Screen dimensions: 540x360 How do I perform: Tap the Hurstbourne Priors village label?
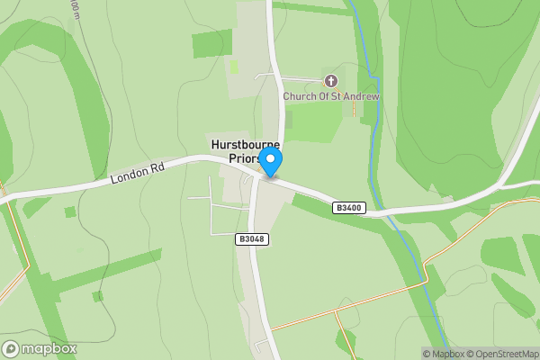[245, 150]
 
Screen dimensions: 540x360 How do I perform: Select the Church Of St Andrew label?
[331, 96]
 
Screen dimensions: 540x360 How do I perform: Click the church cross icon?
[330, 81]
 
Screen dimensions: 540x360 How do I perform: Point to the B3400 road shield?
[348, 208]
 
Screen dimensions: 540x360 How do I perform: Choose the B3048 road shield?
[253, 239]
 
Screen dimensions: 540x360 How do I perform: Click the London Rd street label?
[134, 174]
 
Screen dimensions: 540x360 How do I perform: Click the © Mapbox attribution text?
[444, 354]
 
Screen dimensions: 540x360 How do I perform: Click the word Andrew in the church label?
[362, 96]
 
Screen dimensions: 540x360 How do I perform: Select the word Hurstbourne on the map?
[245, 144]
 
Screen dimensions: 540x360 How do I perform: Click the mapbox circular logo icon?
[11, 349]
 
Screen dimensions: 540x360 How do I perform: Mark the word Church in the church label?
[298, 96]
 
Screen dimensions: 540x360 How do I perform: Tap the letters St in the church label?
[337, 96]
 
